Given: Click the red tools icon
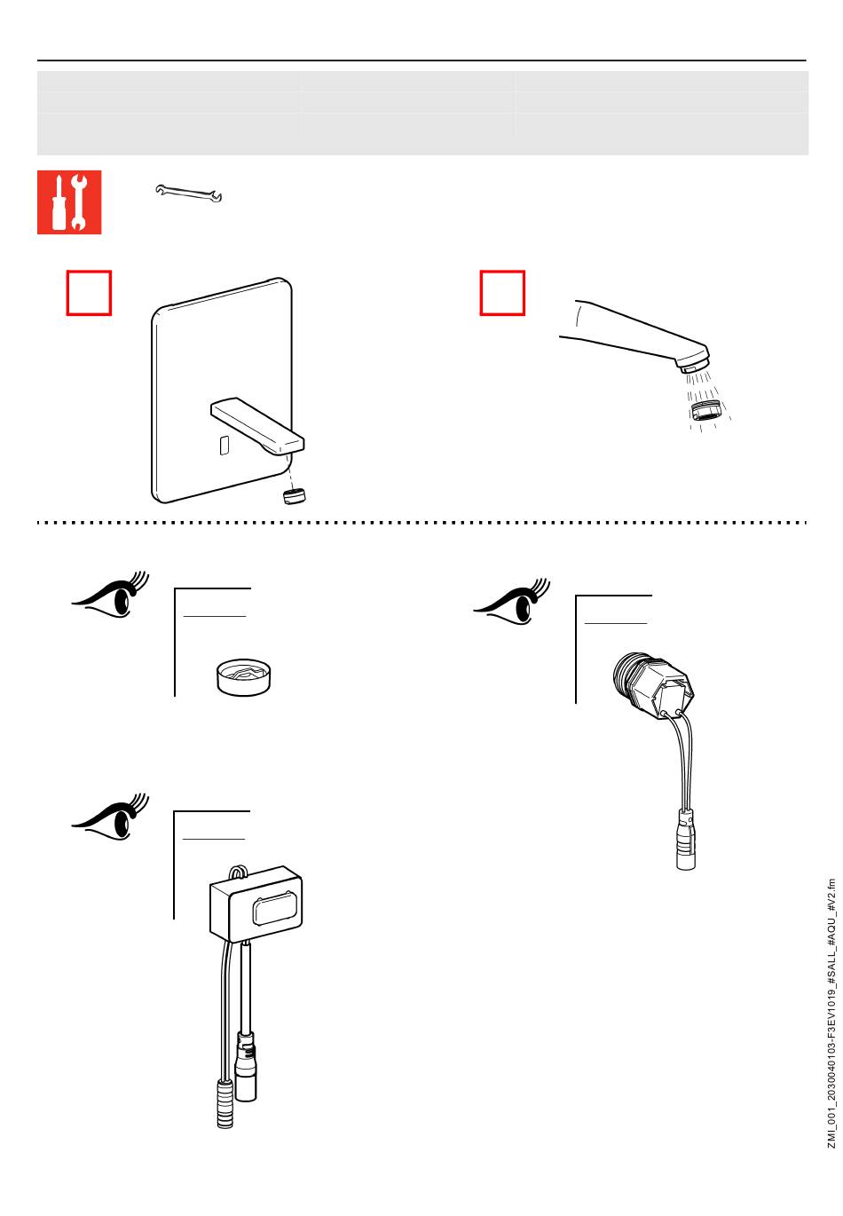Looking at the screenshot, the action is pos(69,202).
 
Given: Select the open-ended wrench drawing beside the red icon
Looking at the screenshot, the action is pos(188,193).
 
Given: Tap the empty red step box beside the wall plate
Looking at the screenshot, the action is pos(89,293).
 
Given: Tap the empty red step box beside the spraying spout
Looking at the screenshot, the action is pos(502,293).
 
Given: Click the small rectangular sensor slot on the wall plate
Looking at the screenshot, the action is pos(224,445).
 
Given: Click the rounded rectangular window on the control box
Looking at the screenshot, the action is pos(276,912).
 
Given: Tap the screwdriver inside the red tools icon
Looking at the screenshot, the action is pos(59,202).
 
